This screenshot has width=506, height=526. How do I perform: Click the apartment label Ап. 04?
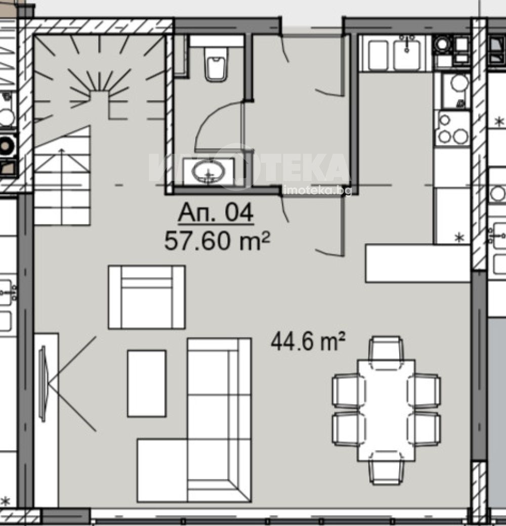pyautogui.click(x=216, y=213)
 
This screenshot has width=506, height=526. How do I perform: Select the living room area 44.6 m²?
pyautogui.click(x=308, y=341)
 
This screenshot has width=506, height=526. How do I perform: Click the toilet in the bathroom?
pyautogui.click(x=216, y=64)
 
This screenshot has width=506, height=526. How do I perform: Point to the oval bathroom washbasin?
pyautogui.click(x=208, y=171)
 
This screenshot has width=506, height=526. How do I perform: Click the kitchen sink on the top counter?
pyautogui.click(x=407, y=54)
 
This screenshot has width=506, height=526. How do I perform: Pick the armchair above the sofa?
pyautogui.click(x=147, y=297)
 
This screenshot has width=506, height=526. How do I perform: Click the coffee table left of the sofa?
pyautogui.click(x=147, y=383)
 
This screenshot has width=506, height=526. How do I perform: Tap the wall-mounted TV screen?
pyautogui.click(x=43, y=383)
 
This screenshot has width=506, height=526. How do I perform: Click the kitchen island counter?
pyautogui.click(x=417, y=264)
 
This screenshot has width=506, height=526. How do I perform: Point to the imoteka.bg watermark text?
pyautogui.click(x=317, y=191)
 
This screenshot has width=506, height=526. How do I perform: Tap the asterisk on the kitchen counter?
pyautogui.click(x=458, y=238)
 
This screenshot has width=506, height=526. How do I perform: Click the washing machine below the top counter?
pyautogui.click(x=455, y=91)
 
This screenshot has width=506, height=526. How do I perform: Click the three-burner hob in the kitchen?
pyautogui.click(x=453, y=128)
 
